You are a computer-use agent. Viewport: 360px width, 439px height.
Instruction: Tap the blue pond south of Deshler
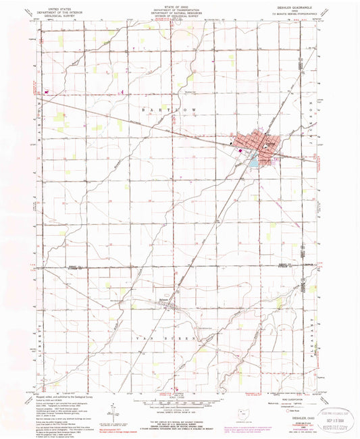click(253, 163)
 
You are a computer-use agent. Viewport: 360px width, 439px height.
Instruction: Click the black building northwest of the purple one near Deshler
click(232, 143)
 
